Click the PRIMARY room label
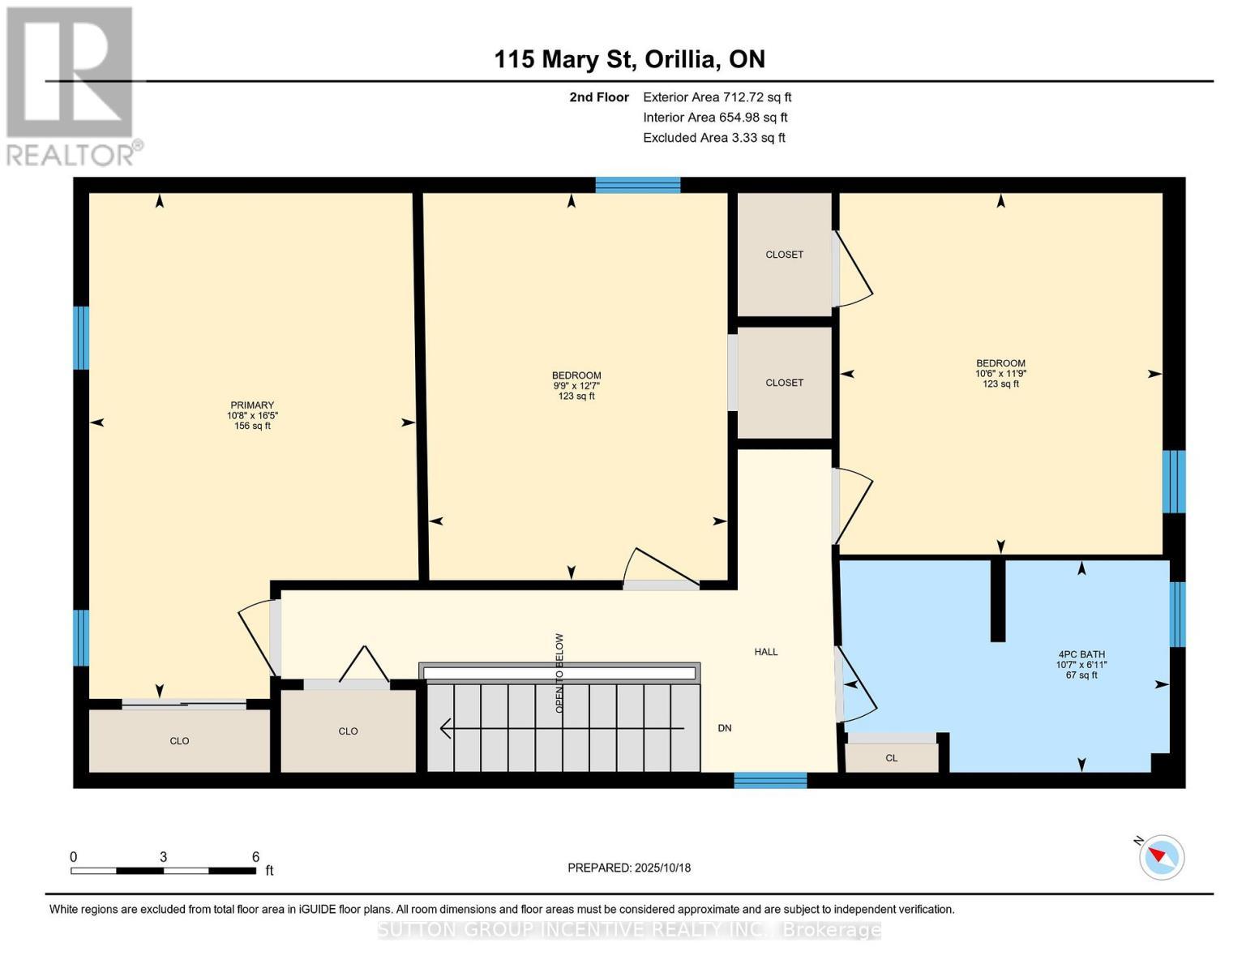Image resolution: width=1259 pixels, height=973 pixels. point(252,405)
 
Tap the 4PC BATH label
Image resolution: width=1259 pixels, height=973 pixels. point(1081,654)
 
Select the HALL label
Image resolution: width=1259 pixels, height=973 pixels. point(765,652)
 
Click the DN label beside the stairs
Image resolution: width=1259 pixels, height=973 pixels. point(725,728)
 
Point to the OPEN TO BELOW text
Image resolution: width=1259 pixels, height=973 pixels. point(559,673)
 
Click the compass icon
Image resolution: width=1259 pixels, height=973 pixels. point(1162,857)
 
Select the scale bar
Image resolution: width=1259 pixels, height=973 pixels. point(163,871)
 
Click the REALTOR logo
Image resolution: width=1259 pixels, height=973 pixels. point(71,86)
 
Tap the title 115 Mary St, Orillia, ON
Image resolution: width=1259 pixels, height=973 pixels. point(629,59)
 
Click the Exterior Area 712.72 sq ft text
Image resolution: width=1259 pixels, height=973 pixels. point(717,97)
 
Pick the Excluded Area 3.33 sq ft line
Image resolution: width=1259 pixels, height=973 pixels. point(713,138)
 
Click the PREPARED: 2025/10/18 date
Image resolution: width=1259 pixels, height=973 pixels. point(629,868)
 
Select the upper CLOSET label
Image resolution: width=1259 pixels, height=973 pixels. point(784,255)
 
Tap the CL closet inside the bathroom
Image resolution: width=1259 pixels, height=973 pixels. point(891,758)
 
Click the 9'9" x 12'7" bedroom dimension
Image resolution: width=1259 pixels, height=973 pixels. point(576,386)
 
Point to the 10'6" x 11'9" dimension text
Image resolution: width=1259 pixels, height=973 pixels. point(1000,374)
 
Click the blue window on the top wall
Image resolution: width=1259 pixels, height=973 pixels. point(638,185)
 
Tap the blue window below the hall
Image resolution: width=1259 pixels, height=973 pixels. point(770,780)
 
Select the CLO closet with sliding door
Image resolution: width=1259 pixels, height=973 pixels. point(179,741)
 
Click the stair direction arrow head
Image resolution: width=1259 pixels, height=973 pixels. point(445,728)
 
